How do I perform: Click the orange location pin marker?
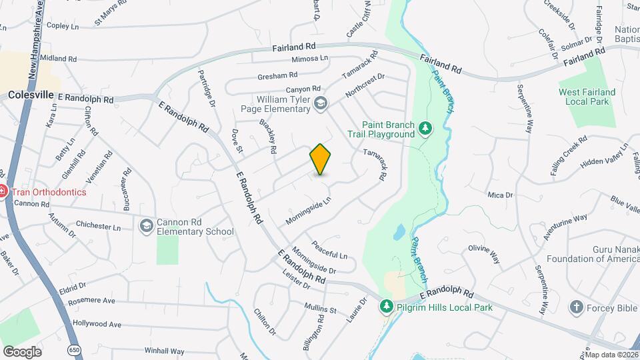(x=321, y=159)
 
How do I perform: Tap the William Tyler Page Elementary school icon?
(x=321, y=102)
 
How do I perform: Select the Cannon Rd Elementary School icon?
(x=145, y=227)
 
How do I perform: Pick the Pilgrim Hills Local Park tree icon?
(x=385, y=307)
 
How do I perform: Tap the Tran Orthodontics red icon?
(x=2, y=192)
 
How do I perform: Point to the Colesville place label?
(x=31, y=95)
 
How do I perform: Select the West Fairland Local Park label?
(x=587, y=96)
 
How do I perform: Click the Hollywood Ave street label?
(x=97, y=324)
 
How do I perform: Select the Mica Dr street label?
(x=500, y=195)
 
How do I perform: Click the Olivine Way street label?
(x=484, y=254)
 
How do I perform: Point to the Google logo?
(x=21, y=351)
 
